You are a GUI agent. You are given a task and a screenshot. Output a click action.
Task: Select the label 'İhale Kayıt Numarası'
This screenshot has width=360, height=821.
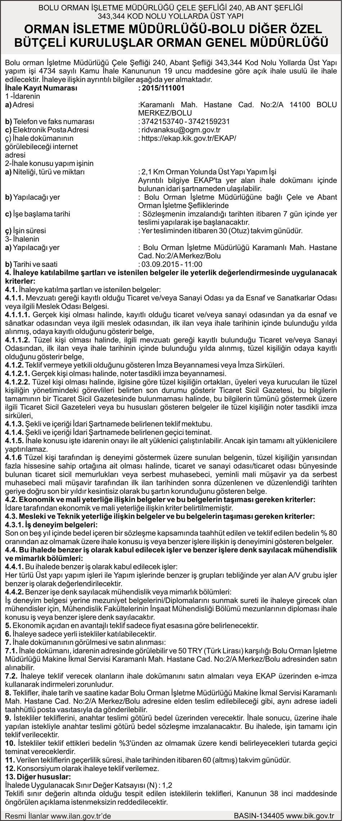click(x=41, y=88)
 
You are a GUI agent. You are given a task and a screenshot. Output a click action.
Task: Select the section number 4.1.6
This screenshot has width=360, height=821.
click(x=13, y=457)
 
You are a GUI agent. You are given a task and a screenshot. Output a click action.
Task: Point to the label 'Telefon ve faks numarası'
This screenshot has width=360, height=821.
click(x=50, y=121)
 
